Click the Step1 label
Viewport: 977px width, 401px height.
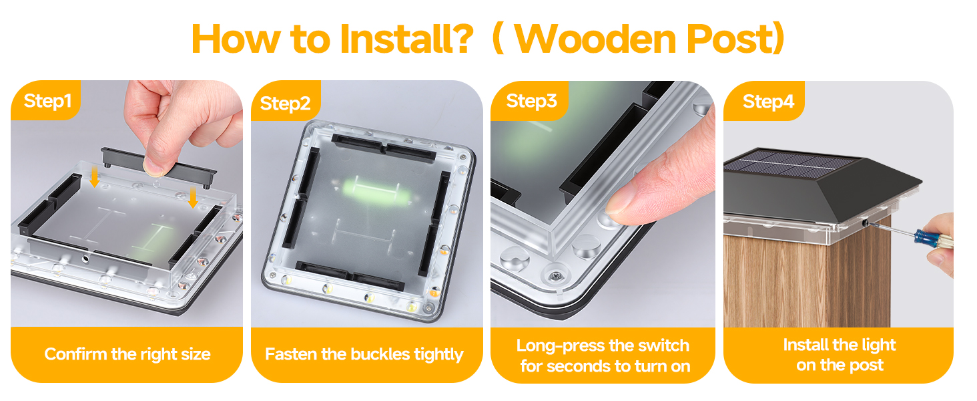click(x=47, y=102)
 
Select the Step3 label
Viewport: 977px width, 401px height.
click(x=531, y=102)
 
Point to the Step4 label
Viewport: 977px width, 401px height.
click(x=769, y=102)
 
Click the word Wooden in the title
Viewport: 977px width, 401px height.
click(x=595, y=39)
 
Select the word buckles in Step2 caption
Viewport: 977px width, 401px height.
click(x=380, y=354)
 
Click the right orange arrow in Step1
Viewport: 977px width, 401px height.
click(x=193, y=197)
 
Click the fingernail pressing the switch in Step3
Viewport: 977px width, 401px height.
click(x=621, y=204)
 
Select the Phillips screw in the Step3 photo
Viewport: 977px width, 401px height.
click(x=555, y=275)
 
